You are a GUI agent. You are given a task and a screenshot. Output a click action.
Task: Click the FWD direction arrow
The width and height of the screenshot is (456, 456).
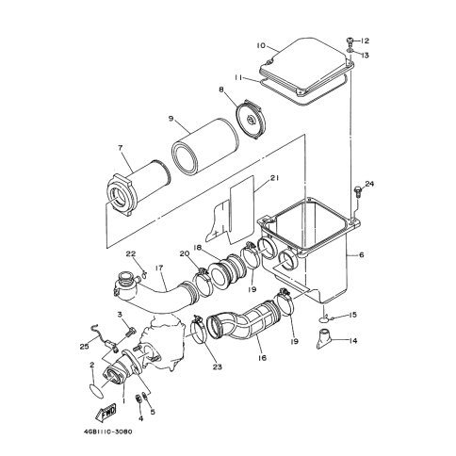coord(106,412)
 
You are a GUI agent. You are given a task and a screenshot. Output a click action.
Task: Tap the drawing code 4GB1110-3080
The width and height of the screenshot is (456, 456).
coord(107,432)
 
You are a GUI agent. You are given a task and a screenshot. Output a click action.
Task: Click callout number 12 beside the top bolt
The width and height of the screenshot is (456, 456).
coord(365,41)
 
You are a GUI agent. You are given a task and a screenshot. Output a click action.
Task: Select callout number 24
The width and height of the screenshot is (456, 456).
coord(369,184)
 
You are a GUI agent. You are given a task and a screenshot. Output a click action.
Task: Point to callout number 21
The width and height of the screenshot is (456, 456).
coord(274,178)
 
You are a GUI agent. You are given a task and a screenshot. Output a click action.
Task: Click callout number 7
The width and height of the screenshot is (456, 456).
coord(121,148)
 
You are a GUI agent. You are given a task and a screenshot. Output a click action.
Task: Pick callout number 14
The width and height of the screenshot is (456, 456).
coord(353,340)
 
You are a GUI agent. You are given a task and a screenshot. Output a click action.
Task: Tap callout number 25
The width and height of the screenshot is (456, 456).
coord(84,347)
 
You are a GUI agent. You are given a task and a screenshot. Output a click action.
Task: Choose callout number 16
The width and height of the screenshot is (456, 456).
coord(263,358)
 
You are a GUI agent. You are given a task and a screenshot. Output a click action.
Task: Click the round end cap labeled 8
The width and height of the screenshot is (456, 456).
coord(251,118)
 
